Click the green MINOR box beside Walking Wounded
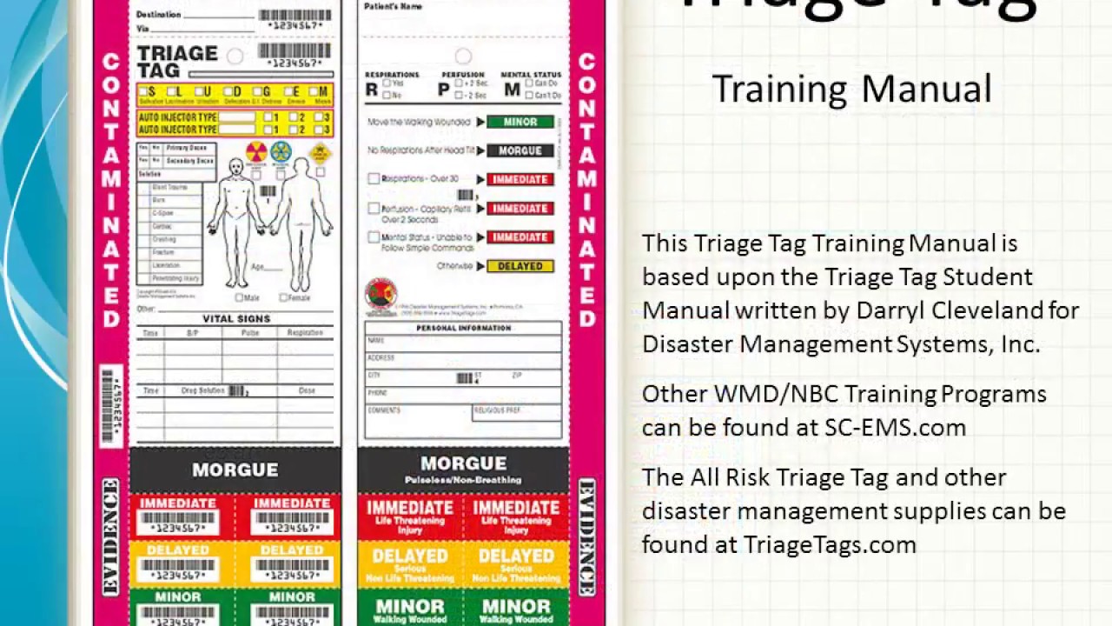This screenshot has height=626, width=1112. (x=520, y=122)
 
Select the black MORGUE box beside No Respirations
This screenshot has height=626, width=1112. (x=520, y=150)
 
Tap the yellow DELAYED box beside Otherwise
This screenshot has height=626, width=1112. (x=520, y=266)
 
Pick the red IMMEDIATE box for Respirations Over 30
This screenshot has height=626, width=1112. (x=520, y=179)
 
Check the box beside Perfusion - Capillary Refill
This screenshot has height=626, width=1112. (x=374, y=209)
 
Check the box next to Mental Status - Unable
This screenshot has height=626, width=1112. (x=374, y=237)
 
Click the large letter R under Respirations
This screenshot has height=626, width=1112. (x=372, y=89)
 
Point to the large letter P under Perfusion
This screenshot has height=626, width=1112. (x=444, y=89)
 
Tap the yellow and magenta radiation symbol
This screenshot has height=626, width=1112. (x=256, y=152)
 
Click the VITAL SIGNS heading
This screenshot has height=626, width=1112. (x=236, y=319)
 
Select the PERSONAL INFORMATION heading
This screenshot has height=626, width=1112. (x=463, y=328)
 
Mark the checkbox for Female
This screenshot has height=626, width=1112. (x=283, y=298)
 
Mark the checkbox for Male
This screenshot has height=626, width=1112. (x=240, y=298)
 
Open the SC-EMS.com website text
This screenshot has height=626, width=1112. (x=895, y=427)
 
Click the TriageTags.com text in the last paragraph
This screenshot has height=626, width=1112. (x=830, y=544)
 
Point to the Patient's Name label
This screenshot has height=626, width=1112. (x=394, y=7)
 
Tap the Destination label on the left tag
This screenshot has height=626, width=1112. (x=159, y=15)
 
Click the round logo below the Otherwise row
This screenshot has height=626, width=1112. (x=381, y=294)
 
